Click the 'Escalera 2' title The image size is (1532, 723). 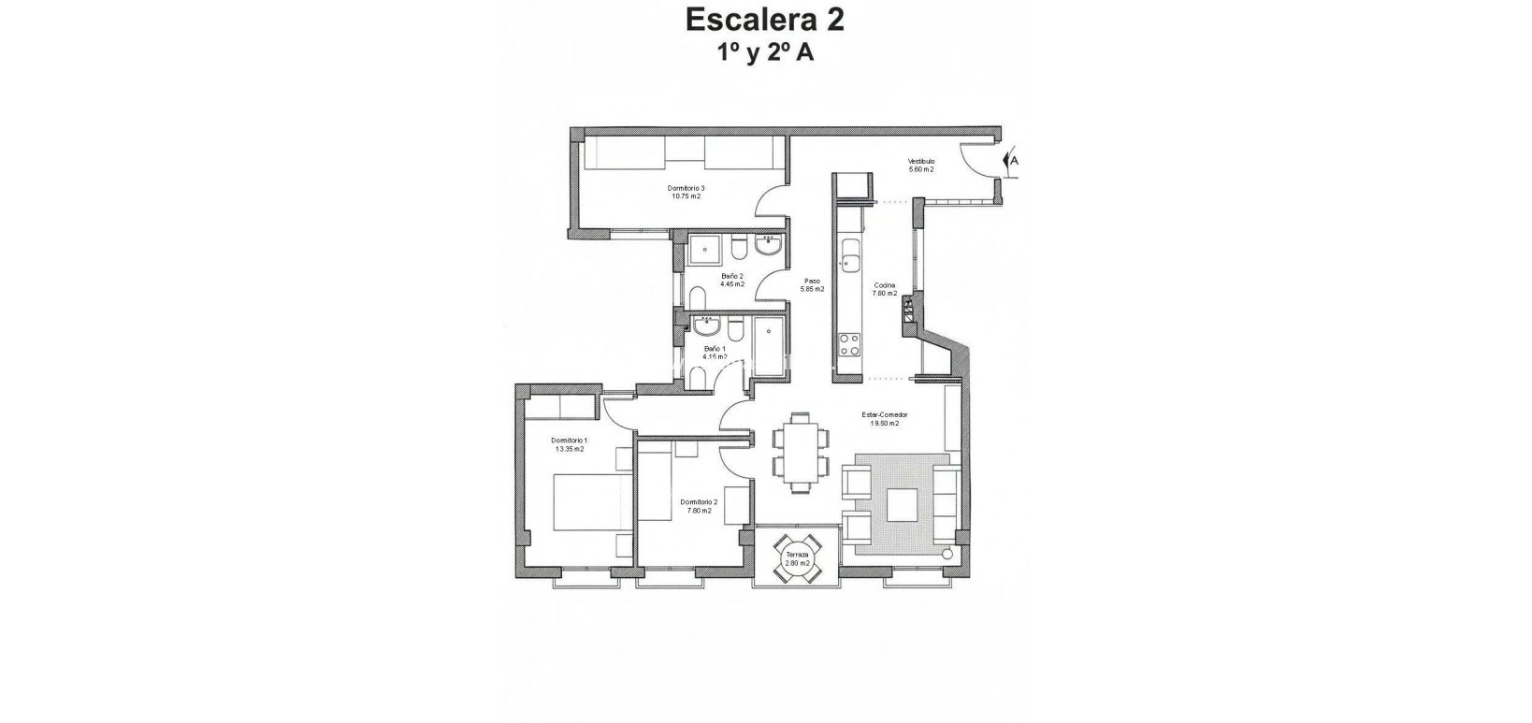point(765,20)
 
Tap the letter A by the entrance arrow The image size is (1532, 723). point(1014,160)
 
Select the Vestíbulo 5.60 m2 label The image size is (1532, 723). point(921,166)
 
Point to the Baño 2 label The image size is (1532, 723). point(731,280)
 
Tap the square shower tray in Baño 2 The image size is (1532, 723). point(704,250)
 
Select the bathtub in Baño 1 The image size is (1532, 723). point(770,346)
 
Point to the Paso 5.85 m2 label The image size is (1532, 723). point(812,285)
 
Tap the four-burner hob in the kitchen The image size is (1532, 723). point(850,345)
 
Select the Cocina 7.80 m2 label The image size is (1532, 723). point(885,289)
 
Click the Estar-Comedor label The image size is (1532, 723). point(885,419)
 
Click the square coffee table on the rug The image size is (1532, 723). point(903,505)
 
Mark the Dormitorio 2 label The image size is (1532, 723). point(699,506)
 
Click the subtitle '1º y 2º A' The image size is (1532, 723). point(765,52)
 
